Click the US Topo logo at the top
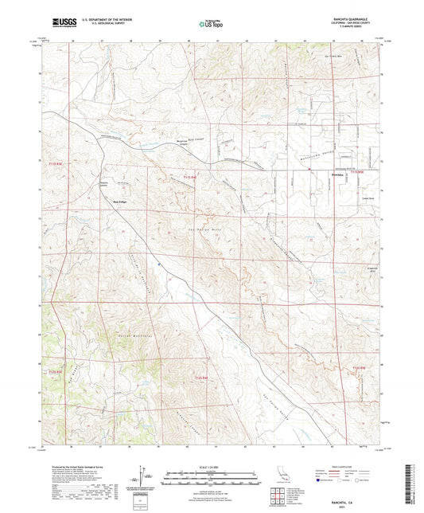(211, 25)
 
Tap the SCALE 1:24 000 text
(211, 467)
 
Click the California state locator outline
(282, 476)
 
